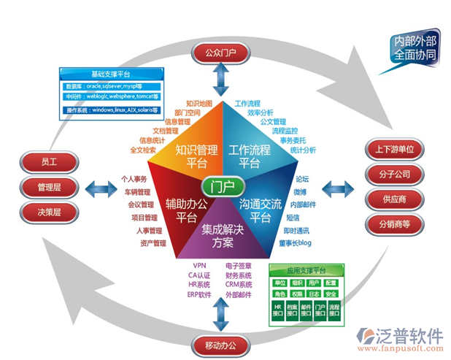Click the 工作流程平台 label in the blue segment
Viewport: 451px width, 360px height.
coord(249,156)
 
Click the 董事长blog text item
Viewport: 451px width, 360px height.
coord(294,242)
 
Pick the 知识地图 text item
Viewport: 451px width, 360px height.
coord(198,104)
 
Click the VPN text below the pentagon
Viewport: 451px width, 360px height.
coord(199,265)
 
